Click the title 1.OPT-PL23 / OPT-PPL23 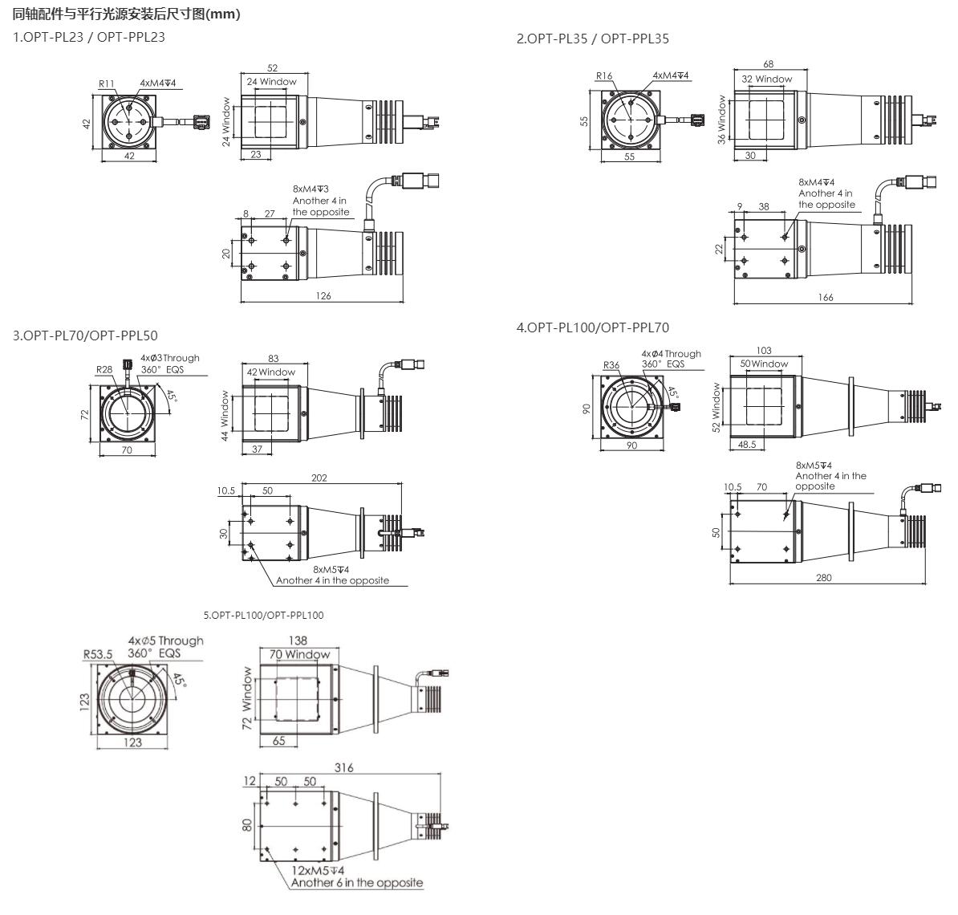click(89, 37)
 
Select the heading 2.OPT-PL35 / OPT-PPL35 click(593, 39)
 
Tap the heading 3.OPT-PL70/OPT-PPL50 click(86, 335)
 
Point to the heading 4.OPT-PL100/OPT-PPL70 click(593, 327)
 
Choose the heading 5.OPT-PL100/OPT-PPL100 click(263, 616)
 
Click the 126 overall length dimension click(323, 296)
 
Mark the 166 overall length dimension click(826, 298)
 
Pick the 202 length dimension click(319, 478)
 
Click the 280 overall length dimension click(823, 578)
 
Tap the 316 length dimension click(344, 767)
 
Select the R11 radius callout click(106, 83)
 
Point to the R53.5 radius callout click(98, 655)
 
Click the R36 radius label click(611, 365)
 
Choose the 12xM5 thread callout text click(318, 870)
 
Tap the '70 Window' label click(299, 655)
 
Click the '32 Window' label click(767, 79)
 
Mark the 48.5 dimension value click(747, 445)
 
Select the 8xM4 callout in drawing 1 click(311, 189)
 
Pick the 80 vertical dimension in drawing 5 click(247, 826)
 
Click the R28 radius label click(104, 369)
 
